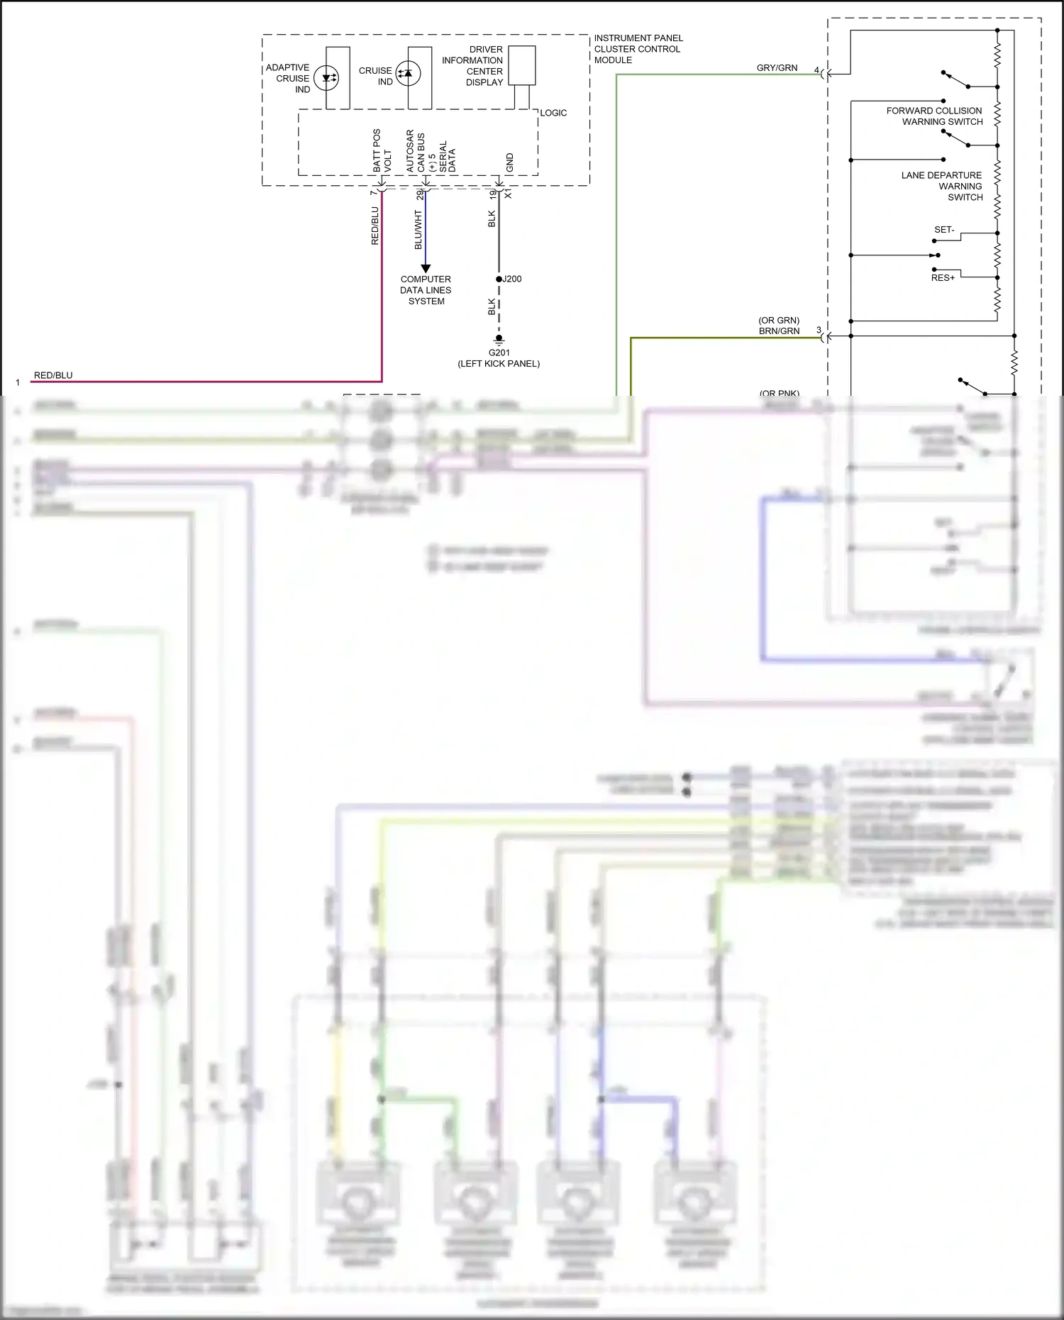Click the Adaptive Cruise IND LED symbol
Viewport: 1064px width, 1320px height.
coord(326,78)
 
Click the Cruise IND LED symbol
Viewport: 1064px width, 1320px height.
coord(408,73)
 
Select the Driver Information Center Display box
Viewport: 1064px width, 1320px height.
coord(522,65)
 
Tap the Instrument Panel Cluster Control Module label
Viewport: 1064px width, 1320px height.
coord(638,49)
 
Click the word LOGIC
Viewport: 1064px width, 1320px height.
coord(553,113)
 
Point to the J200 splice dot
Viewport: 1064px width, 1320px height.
coord(499,279)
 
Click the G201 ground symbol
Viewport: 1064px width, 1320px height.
coord(499,340)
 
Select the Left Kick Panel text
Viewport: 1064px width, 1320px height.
coord(499,364)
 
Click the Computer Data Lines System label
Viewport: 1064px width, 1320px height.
coord(426,290)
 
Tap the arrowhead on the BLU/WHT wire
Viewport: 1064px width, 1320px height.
coord(426,269)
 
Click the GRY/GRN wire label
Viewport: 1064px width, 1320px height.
coord(777,68)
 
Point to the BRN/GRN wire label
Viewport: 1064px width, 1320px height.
coord(779,331)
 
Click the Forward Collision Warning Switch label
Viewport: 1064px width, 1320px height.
coord(934,116)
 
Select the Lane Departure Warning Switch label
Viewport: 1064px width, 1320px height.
coord(943,186)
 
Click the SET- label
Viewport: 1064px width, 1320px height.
coord(944,230)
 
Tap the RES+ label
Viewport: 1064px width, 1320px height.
coord(943,278)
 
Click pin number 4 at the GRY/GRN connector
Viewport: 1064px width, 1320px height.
coord(816,70)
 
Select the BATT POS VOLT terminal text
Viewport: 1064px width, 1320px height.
coord(382,150)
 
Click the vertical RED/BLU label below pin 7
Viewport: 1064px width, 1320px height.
coord(375,226)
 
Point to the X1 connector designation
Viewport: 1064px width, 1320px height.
coord(508,194)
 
